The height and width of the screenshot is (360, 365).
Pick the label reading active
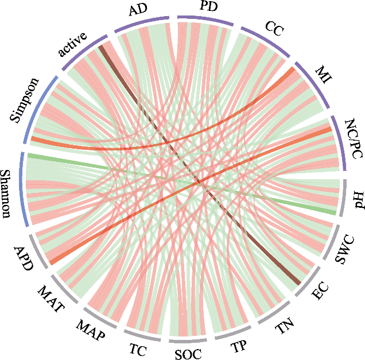72,45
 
